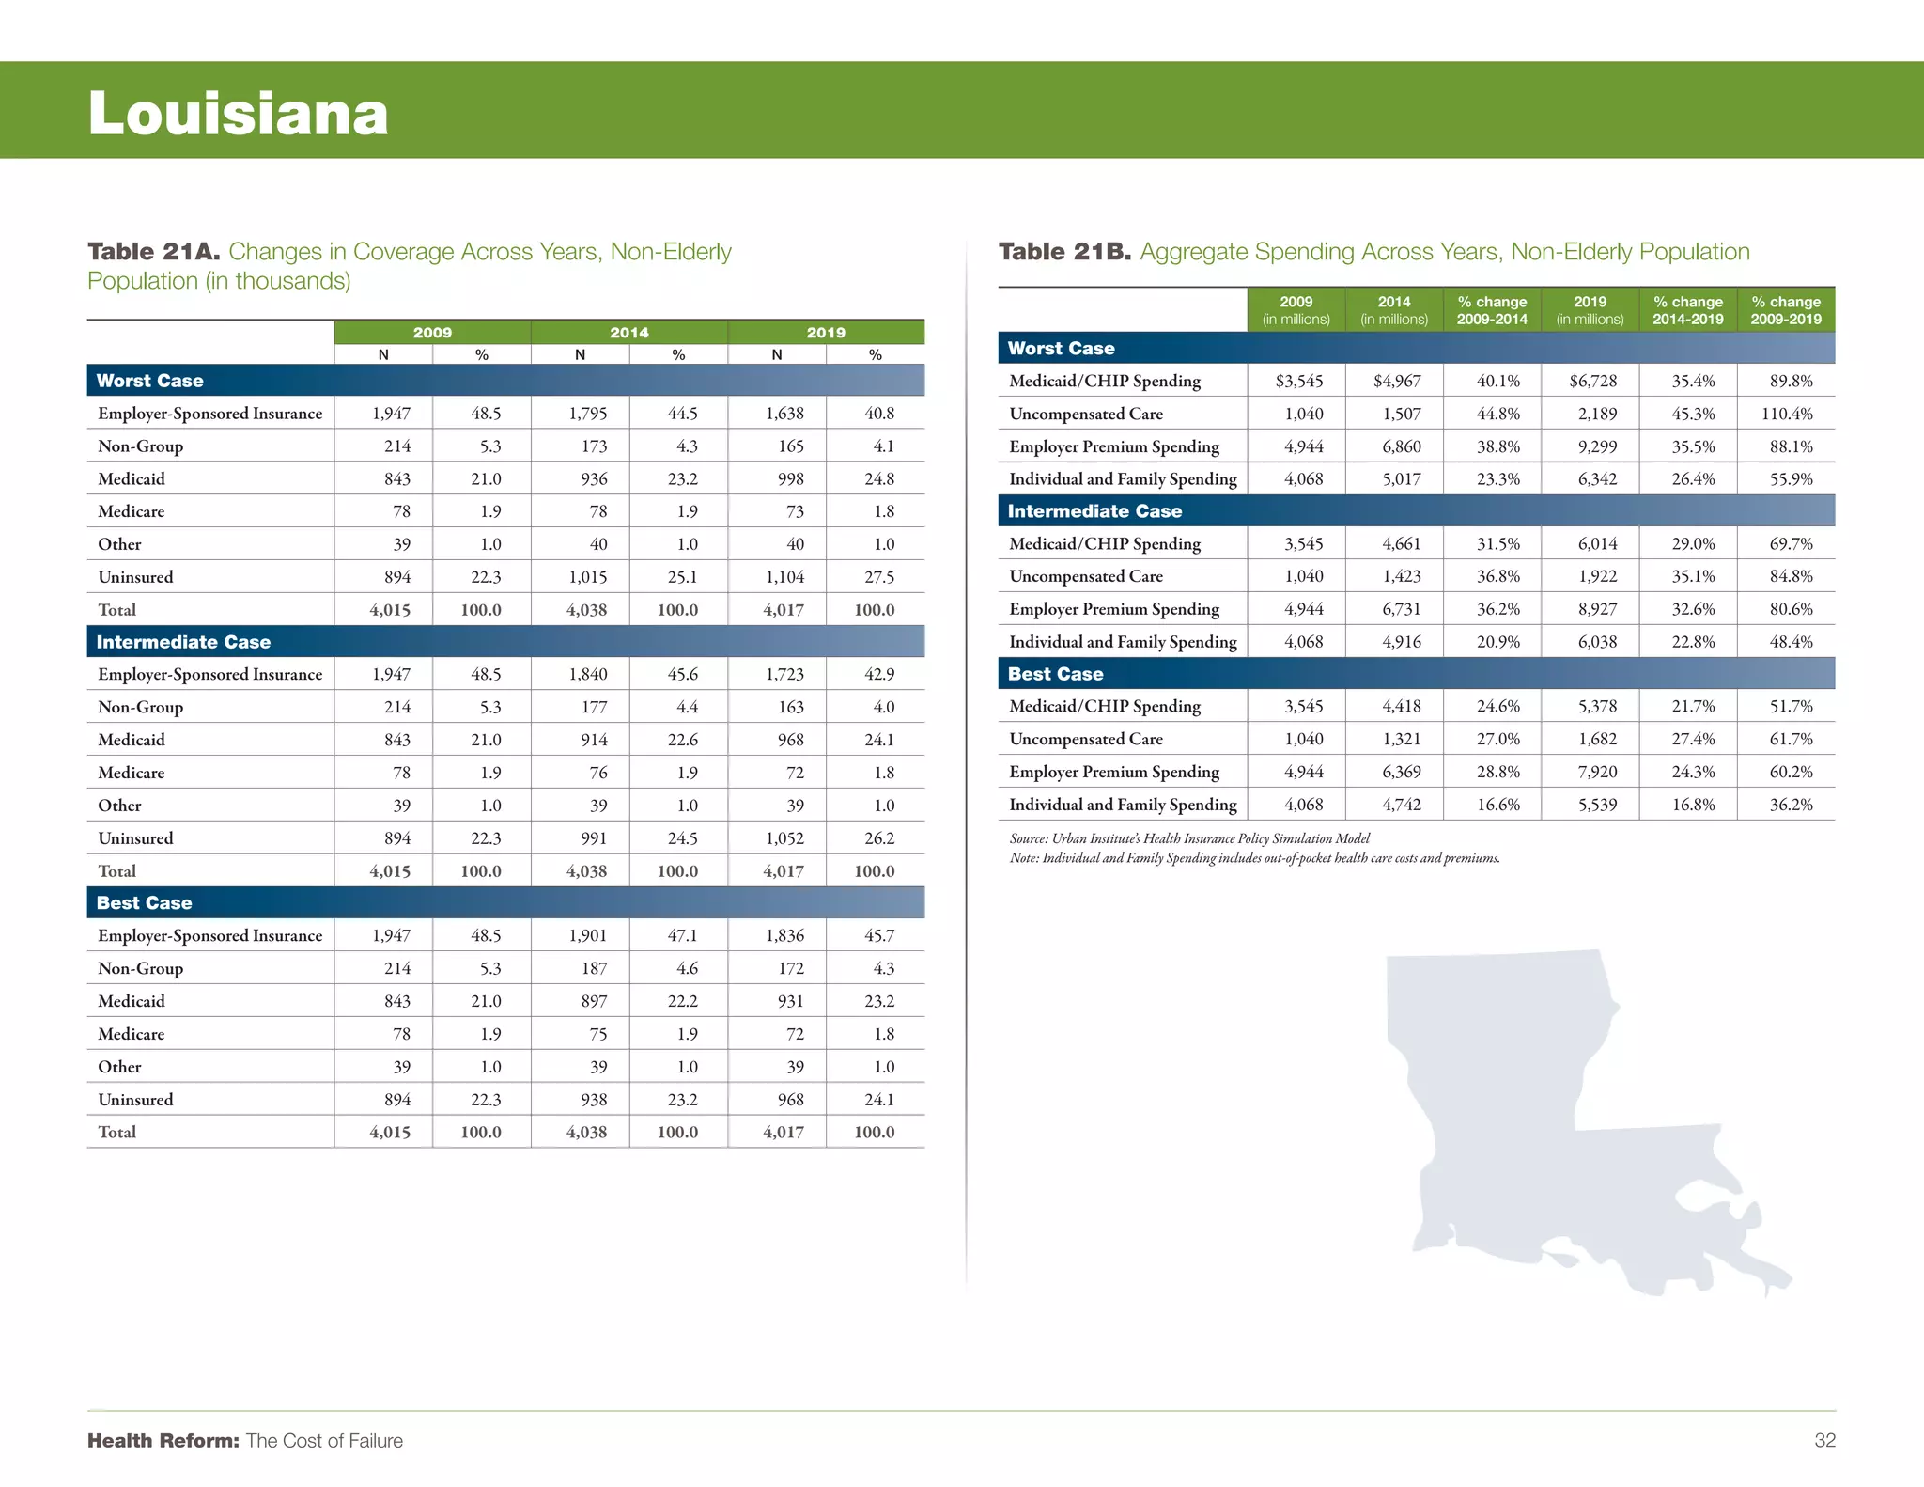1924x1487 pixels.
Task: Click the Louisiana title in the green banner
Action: point(238,114)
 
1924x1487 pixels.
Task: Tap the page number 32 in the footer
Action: point(1824,1440)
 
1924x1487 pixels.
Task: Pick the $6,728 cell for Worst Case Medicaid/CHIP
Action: point(1593,381)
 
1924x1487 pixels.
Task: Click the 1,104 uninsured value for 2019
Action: point(784,577)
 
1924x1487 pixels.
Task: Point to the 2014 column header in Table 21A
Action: point(628,333)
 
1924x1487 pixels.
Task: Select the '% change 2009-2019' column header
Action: point(1786,310)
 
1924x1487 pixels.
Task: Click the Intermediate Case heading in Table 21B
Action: point(1094,511)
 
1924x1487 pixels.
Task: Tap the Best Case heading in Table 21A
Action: point(144,903)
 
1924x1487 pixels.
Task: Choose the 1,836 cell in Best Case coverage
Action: point(784,935)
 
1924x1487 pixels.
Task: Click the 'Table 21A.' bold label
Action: point(154,252)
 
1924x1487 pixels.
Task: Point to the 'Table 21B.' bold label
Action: point(1064,252)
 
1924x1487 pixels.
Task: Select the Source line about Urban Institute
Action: point(1189,838)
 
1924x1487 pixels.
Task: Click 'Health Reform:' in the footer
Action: point(163,1441)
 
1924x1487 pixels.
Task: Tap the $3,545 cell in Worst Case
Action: point(1299,381)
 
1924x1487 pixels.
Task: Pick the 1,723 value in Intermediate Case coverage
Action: point(784,675)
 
